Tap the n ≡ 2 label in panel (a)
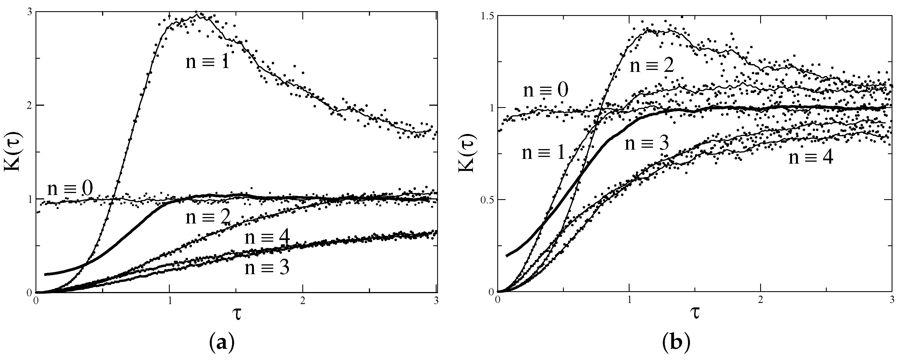pos(208,217)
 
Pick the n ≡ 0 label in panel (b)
pos(545,90)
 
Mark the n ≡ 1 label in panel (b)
pos(544,153)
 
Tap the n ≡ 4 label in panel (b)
pos(811,158)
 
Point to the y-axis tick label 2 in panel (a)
pos(29,105)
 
